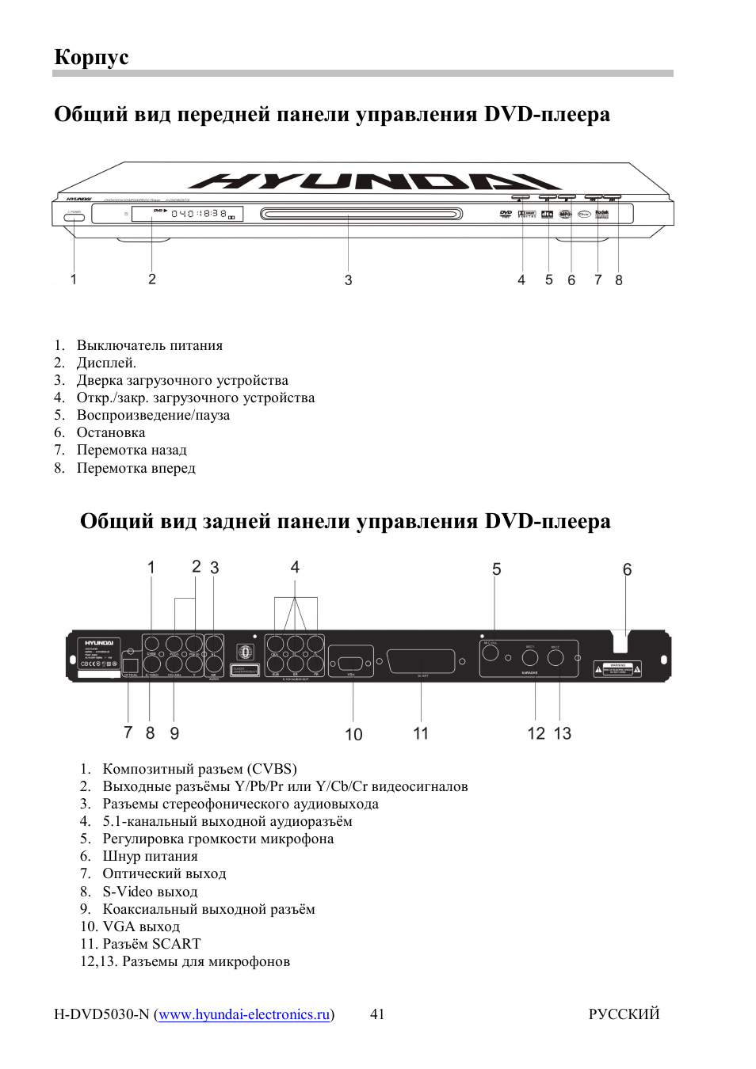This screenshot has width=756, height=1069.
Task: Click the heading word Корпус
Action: tap(91, 57)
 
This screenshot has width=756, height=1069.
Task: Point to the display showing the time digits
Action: tap(187, 214)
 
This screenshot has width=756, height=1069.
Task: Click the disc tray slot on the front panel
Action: tap(361, 214)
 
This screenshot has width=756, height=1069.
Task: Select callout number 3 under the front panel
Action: tap(348, 280)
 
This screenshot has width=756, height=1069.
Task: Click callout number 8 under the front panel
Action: tap(619, 280)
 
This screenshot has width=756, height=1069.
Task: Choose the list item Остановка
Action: tap(110, 432)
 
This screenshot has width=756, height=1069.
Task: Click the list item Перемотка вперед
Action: tap(136, 468)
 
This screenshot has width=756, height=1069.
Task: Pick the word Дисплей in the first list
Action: tap(105, 363)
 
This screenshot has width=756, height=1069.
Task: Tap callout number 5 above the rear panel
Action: tap(497, 569)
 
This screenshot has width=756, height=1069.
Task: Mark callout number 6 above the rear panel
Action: tap(627, 569)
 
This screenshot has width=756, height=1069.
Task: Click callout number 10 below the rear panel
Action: tap(353, 734)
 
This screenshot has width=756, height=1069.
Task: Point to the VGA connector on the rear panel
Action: tap(351, 662)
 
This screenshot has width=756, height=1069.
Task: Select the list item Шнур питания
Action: tap(150, 856)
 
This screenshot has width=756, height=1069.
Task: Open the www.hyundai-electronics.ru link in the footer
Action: tap(244, 1014)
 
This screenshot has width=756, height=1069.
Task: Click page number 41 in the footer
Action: tap(377, 1014)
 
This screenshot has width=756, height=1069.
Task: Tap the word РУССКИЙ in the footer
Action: tap(624, 1014)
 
